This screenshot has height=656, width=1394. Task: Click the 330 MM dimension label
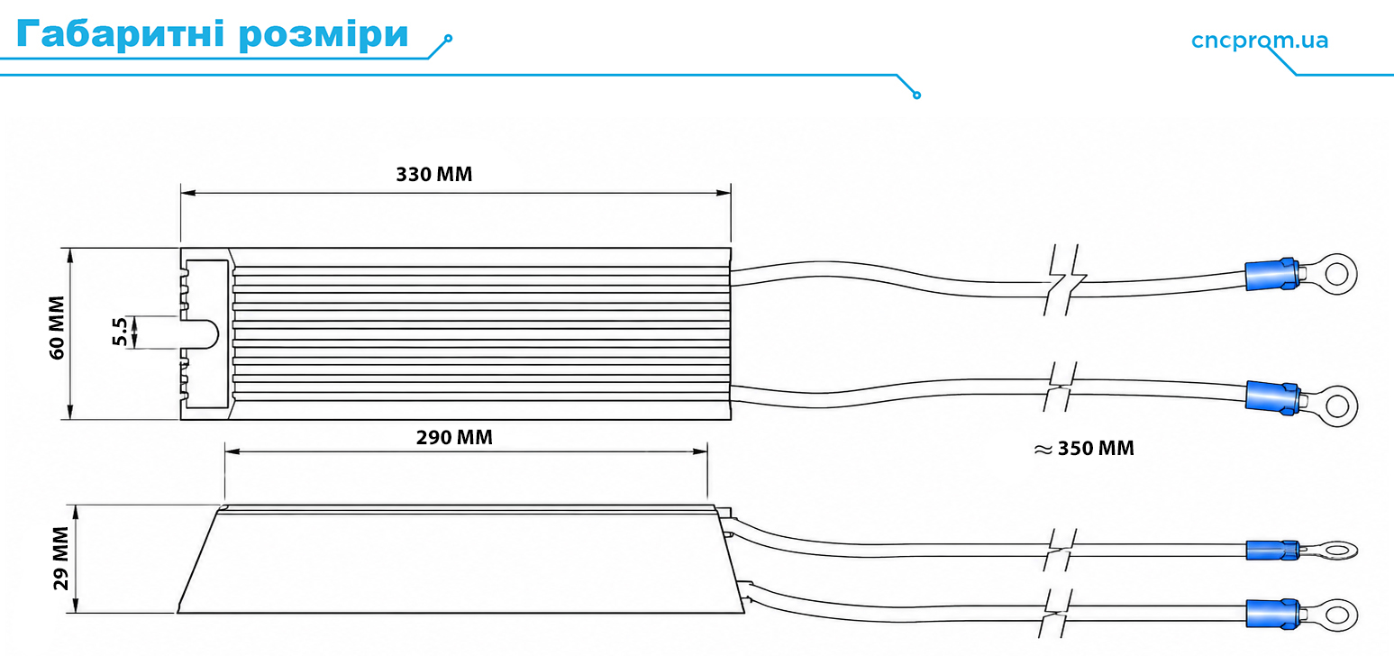[x=434, y=174]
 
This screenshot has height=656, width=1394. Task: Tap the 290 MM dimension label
[x=454, y=438]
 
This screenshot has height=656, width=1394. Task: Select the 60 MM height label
[x=57, y=327]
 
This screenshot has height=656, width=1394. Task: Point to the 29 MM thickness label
[x=60, y=559]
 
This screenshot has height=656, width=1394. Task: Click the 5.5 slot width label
[x=120, y=332]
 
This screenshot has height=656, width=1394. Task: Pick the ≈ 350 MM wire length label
[x=1084, y=448]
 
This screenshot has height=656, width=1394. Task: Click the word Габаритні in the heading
[x=120, y=33]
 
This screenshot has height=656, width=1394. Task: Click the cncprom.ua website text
[x=1260, y=41]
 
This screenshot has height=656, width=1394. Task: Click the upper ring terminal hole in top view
[x=1336, y=274]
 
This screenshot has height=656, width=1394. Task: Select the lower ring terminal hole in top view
[x=1336, y=405]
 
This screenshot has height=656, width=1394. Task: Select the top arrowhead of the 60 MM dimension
[x=69, y=256]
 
